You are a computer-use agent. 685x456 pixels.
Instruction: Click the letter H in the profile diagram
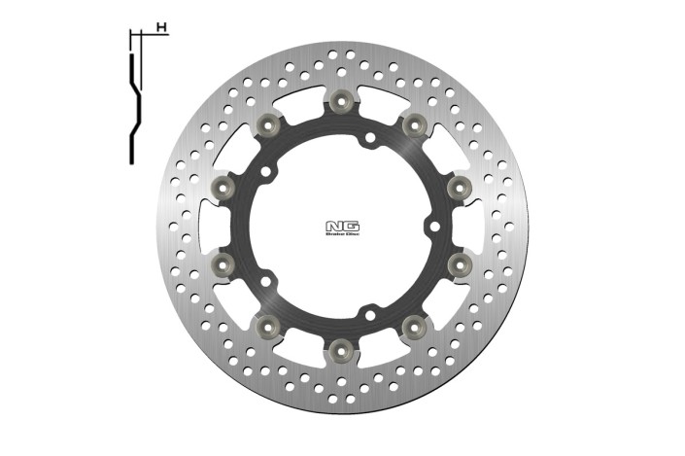coord(159,27)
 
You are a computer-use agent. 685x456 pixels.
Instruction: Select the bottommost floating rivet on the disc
coord(340,346)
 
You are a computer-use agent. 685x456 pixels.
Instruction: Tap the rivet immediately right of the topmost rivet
coord(413,124)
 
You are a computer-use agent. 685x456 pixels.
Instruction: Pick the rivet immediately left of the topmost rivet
coord(269,124)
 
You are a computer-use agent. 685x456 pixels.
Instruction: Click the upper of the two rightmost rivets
coord(459,186)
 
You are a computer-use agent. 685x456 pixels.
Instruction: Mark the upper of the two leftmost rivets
coord(223,186)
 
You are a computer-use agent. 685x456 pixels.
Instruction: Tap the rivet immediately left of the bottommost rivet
coord(268,323)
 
